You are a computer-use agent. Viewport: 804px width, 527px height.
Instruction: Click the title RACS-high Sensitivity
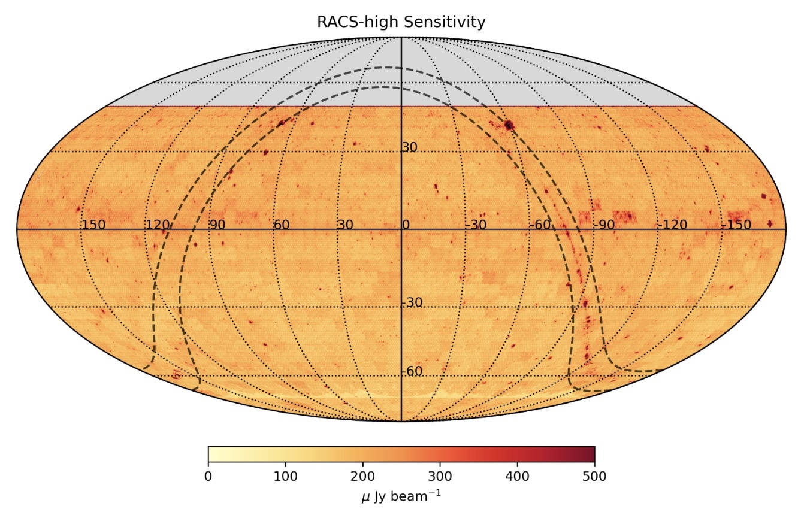[401, 22]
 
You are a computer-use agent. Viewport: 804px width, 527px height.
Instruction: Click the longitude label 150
[93, 225]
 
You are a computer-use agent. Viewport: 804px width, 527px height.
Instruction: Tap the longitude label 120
[158, 225]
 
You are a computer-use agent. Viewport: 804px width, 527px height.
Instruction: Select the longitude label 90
[217, 225]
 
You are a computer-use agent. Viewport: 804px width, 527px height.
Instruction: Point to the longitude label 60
[282, 225]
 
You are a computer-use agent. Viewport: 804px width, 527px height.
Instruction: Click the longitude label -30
[476, 225]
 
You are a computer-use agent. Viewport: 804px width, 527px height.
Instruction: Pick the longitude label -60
[541, 225]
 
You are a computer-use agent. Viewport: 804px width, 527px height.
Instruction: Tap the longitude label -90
[605, 225]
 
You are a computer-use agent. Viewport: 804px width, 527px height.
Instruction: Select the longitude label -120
[672, 225]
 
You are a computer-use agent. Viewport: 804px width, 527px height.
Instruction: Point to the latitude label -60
[412, 372]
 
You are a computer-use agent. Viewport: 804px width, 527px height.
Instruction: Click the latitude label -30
[412, 302]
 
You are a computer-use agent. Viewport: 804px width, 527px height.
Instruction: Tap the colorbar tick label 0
[208, 477]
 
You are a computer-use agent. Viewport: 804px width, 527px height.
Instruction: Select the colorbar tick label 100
[285, 477]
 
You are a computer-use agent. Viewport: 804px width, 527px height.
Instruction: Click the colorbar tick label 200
[362, 477]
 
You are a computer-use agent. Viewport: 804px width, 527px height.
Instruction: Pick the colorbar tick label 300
[440, 477]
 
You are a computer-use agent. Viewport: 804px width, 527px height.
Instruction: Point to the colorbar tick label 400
[517, 477]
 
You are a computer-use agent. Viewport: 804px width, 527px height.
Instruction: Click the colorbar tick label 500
[594, 477]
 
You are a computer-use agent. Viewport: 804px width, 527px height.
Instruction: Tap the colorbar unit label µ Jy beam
[401, 496]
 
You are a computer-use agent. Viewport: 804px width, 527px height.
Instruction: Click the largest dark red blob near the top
[509, 125]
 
